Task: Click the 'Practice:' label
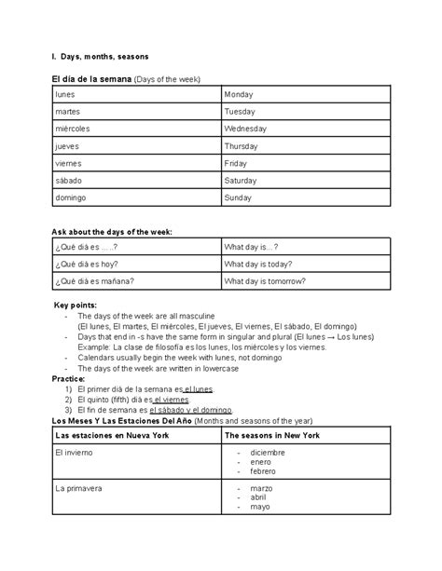[68, 379]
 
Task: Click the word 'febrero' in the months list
[261, 471]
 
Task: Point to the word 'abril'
[257, 497]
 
